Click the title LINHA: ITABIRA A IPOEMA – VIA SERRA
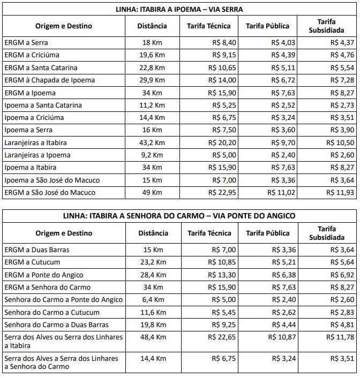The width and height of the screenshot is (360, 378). tap(179, 9)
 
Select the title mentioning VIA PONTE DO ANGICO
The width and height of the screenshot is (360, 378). tap(179, 216)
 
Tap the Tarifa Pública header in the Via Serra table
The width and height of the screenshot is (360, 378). tap(267, 26)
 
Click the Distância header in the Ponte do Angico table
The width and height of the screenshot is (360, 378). tap(153, 233)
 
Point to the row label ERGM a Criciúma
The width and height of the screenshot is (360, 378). tap(32, 55)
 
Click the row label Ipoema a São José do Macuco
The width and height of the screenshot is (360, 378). tap(52, 180)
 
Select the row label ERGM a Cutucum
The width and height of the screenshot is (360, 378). tap(32, 262)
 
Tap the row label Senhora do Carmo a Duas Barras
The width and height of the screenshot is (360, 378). tap(56, 325)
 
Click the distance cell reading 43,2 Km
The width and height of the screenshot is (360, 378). tap(153, 143)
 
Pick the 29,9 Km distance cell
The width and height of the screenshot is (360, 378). tap(153, 80)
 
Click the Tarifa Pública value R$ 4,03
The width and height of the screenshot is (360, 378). tap(283, 42)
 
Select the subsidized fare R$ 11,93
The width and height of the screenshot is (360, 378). tap(341, 193)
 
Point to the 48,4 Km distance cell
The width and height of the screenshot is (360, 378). tap(153, 337)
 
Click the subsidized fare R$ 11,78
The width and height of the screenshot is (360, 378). tap(341, 337)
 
